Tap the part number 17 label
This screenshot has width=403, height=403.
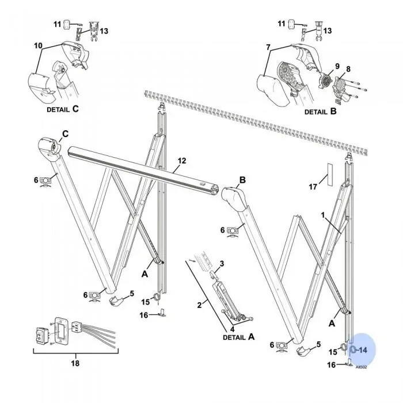313,186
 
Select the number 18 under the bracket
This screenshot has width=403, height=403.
75,363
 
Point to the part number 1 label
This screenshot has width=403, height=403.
324,215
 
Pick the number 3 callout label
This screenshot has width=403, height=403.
222,263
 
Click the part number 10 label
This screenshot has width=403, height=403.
39,44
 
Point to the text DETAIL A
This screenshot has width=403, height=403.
238,337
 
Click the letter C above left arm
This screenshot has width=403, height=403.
65,134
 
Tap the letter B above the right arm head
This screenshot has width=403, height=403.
242,180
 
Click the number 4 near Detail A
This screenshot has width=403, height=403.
232,329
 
